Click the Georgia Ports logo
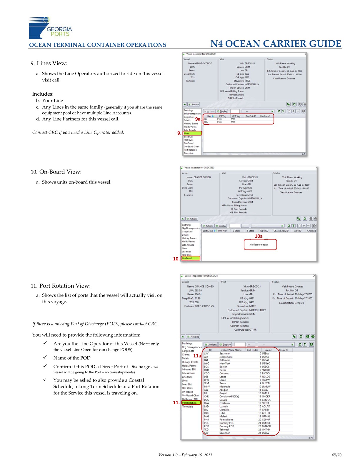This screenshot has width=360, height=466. coord(50,28)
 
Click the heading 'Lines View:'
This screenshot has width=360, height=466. coord(52,63)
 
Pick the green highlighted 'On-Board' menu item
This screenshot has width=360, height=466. coord(190,258)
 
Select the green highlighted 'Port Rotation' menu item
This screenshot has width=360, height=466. coord(191,403)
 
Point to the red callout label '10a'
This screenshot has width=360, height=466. coord(259,236)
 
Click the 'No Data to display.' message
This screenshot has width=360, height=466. coord(259,244)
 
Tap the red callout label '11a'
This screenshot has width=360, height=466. coord(197,356)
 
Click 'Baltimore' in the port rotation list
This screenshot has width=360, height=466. coord(225,360)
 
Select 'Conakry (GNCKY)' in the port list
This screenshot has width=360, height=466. coord(229,396)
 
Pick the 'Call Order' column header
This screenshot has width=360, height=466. coord(252,350)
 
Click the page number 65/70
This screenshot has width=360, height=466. coord(336,455)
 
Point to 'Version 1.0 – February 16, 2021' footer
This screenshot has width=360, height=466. coord(185,455)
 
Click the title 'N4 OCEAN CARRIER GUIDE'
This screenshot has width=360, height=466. coord(276,44)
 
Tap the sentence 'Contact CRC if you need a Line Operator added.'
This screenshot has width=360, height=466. coord(78,132)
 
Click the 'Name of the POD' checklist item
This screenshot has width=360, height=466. coord(72,358)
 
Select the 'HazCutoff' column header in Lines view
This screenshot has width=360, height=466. coord(265,116)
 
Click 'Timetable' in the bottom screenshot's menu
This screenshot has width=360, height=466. coord(187,407)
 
